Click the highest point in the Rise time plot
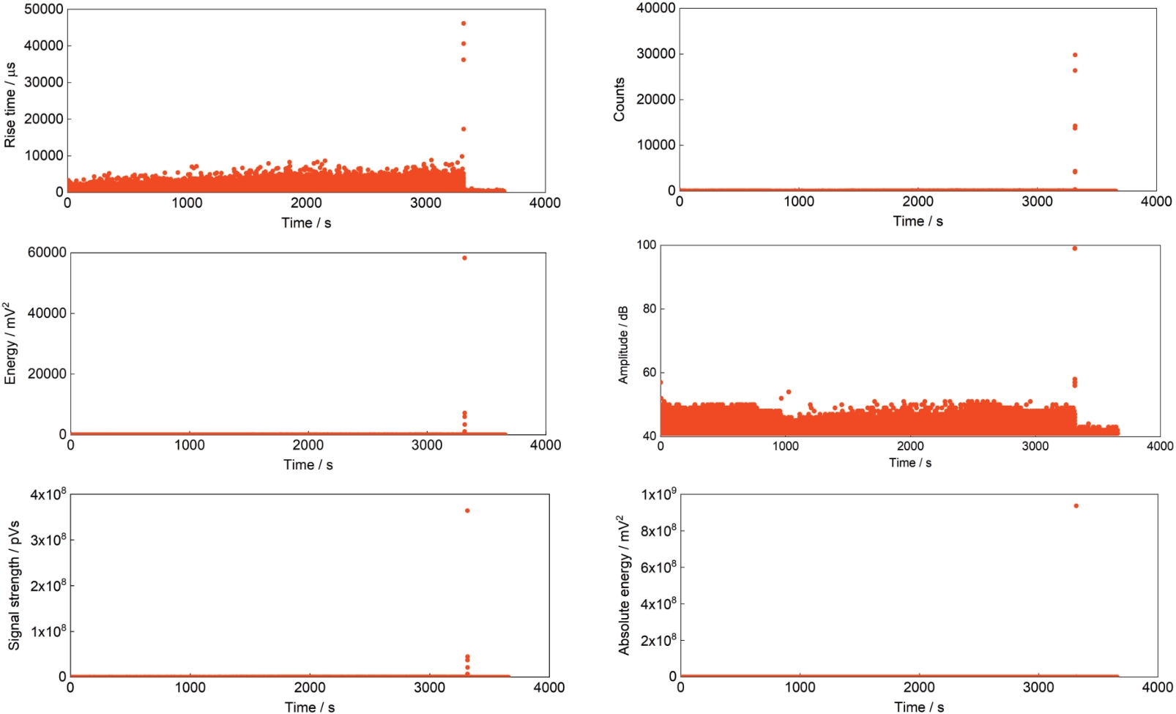(464, 23)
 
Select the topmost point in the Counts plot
(1075, 55)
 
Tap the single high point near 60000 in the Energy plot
(464, 258)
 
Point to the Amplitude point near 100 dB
(1074, 248)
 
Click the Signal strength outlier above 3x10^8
(467, 510)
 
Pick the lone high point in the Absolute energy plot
(1076, 506)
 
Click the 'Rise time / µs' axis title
(10, 105)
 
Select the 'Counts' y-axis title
(619, 100)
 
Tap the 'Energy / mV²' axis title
(10, 343)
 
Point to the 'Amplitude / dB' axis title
(623, 345)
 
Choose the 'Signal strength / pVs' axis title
(14, 586)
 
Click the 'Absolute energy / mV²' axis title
(624, 585)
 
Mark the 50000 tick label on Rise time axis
(44, 10)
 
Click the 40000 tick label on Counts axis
(655, 8)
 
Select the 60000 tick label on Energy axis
(47, 253)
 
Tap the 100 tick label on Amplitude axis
(647, 245)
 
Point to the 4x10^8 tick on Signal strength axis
(48, 494)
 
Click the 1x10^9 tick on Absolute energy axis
(659, 494)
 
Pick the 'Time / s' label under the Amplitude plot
(910, 463)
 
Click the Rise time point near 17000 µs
(464, 129)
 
